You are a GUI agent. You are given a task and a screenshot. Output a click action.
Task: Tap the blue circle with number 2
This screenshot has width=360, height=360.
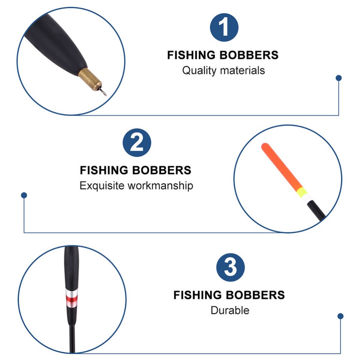pyautogui.click(x=137, y=142)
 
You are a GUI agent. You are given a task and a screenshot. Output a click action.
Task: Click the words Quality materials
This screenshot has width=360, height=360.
pyautogui.click(x=223, y=70)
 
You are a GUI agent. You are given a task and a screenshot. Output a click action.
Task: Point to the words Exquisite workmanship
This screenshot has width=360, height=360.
pyautogui.click(x=136, y=186)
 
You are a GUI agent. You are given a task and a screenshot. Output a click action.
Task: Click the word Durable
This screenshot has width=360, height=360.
pyautogui.click(x=229, y=310)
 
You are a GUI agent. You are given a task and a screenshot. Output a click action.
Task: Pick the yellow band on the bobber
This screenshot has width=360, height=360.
pyautogui.click(x=301, y=193)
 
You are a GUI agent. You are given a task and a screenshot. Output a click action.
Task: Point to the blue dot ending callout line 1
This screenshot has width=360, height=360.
pyautogui.click(x=339, y=78)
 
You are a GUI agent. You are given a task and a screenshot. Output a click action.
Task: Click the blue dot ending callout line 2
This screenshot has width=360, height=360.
pyautogui.click(x=24, y=195)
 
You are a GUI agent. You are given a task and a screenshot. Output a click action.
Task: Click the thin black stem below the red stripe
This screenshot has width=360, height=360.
pyautogui.click(x=72, y=337)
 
